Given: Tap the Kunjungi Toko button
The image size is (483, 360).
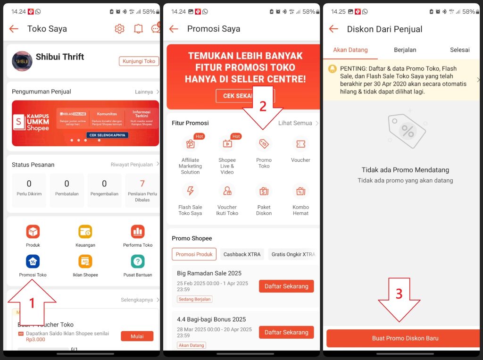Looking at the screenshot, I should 139,61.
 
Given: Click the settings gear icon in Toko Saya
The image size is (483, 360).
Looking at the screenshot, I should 119,29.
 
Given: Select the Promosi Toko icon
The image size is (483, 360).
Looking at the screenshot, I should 33,261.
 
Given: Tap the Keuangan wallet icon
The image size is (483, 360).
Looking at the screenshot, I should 85,232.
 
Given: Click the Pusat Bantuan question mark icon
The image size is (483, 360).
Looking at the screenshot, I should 138,261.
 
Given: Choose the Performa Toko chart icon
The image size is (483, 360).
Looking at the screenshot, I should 138,232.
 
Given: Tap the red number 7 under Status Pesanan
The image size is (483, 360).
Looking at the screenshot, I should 142,184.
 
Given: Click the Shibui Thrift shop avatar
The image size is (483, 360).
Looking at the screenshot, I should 22,61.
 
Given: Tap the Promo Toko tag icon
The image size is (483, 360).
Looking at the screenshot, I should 264,144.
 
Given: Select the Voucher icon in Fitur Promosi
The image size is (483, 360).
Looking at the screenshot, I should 300,144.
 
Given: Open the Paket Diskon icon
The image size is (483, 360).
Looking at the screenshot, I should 264,191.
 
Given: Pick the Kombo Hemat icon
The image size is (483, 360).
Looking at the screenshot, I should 300,191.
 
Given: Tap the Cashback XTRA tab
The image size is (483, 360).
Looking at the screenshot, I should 242,254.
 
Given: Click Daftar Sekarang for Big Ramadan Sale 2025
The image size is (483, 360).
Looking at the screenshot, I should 286,286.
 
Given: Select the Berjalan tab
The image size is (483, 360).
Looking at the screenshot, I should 405,50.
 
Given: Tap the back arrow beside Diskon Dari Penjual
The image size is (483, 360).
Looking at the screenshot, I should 333,29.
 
